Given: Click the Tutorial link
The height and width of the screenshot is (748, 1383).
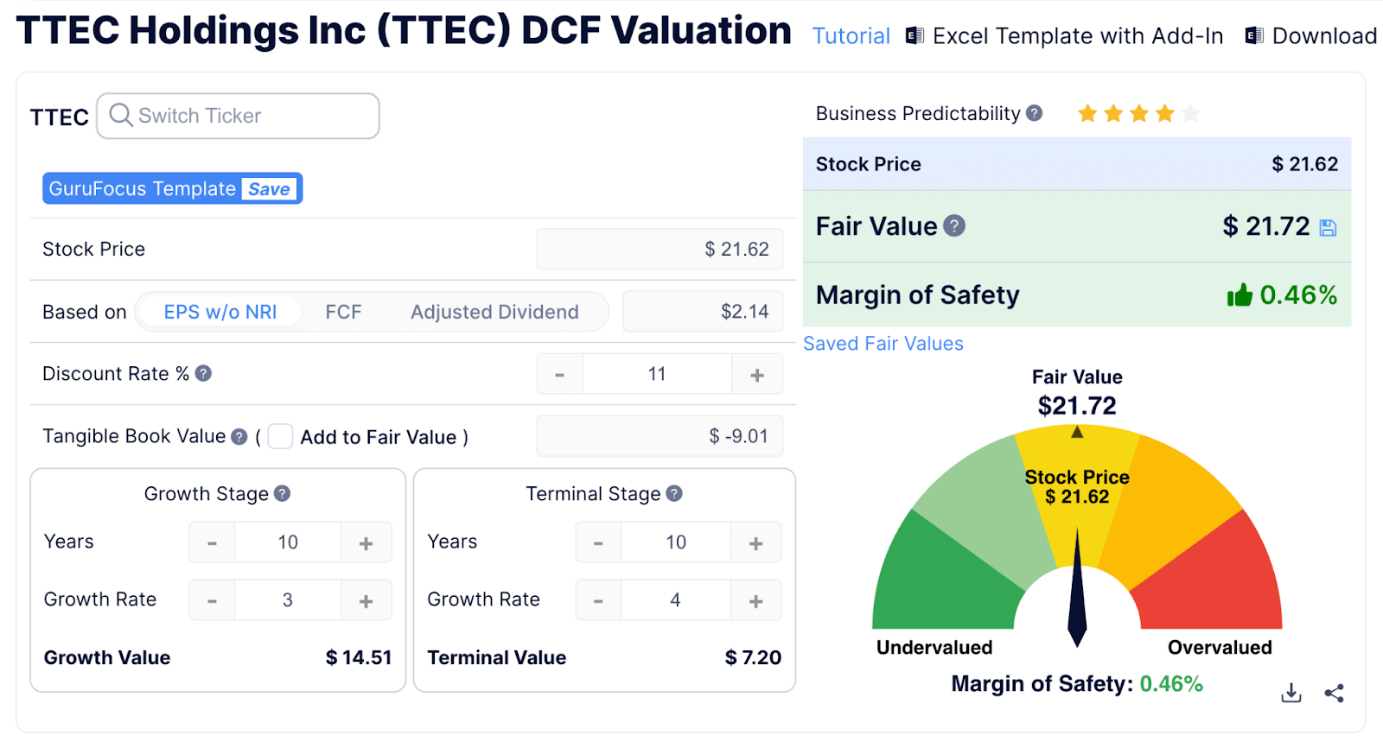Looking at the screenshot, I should click(x=851, y=36).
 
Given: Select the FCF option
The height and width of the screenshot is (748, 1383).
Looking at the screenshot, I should click(x=343, y=312).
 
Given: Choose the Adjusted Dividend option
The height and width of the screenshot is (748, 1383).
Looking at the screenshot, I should click(x=494, y=312).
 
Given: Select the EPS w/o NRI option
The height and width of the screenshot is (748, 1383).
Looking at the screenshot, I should click(x=220, y=312).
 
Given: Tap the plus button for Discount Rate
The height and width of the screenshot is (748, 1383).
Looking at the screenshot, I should click(x=757, y=375).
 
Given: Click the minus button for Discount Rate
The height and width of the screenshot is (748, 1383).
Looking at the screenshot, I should click(x=560, y=375).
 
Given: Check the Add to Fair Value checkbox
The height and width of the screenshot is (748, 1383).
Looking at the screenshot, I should click(x=280, y=437).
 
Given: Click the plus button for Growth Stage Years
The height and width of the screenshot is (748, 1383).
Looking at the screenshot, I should click(x=366, y=543).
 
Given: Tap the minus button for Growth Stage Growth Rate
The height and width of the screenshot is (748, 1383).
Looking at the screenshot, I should click(x=212, y=601).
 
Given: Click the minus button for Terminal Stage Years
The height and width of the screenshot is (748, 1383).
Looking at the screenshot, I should click(x=598, y=543).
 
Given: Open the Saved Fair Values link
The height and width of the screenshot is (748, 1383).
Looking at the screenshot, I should click(x=883, y=344).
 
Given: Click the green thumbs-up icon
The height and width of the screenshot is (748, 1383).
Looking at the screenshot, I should click(x=1240, y=295).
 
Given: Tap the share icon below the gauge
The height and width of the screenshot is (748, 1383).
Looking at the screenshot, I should click(x=1334, y=693).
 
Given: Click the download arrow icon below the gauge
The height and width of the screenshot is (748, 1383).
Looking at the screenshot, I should click(x=1291, y=693).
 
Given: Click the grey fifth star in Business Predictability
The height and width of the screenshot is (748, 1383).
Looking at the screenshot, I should click(x=1191, y=113).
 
